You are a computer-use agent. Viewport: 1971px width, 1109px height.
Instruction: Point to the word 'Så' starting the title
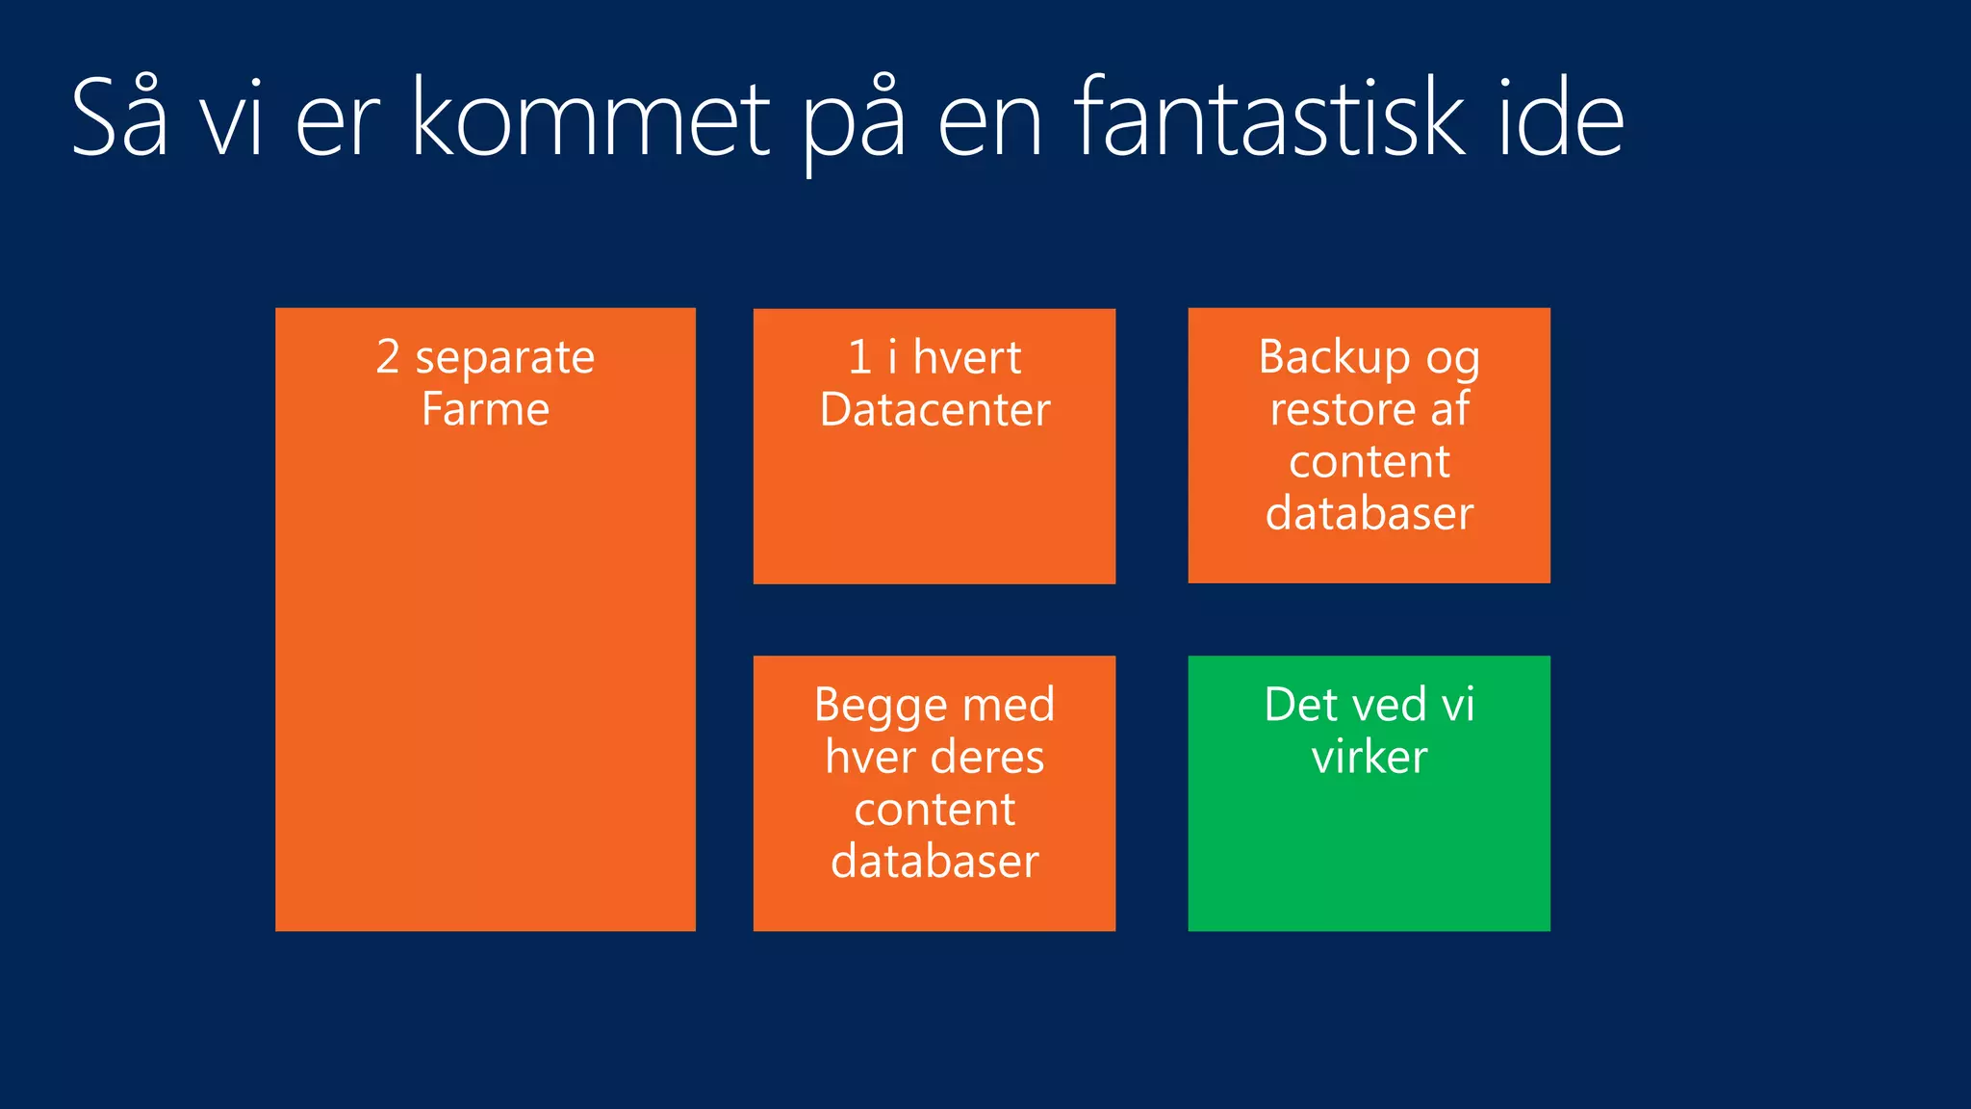pos(119,119)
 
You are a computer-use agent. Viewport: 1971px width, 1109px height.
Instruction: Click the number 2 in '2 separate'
pos(387,357)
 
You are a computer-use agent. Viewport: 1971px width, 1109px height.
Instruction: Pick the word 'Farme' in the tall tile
pos(485,409)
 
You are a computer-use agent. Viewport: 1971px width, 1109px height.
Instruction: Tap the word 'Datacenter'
pos(934,410)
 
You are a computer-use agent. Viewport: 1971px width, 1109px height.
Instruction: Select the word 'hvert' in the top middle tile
pos(966,357)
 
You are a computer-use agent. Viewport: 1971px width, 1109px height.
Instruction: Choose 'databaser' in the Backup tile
pos(1369,513)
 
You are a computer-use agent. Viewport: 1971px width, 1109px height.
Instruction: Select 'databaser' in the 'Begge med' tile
pos(934,861)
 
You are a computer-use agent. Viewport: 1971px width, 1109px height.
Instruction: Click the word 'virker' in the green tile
pos(1369,757)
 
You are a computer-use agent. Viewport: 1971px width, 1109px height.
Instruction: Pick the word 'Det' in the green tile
pos(1299,705)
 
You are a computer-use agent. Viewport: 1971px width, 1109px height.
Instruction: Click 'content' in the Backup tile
pos(1369,462)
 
